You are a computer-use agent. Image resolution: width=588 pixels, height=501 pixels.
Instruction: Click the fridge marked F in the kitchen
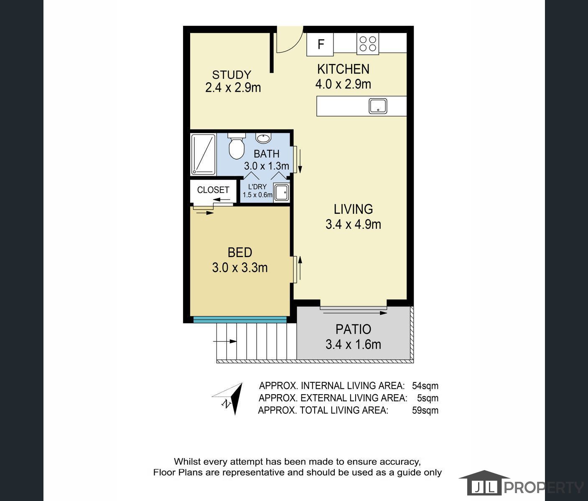tap(320, 44)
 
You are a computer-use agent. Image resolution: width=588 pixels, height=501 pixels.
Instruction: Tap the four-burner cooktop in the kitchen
tap(368, 44)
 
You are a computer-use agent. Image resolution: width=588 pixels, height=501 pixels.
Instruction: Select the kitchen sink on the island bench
tap(378, 106)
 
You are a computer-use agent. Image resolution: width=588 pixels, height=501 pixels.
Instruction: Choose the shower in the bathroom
tap(204, 154)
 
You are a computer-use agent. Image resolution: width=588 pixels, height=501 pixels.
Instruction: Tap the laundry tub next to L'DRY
tap(281, 193)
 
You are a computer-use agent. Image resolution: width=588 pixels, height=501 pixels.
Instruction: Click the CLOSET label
tap(213, 190)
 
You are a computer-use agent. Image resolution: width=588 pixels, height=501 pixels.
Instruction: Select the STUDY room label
tap(232, 75)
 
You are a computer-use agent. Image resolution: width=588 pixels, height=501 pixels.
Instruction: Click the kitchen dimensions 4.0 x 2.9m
tap(343, 84)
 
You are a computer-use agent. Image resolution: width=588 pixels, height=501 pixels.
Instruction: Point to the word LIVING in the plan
tap(353, 209)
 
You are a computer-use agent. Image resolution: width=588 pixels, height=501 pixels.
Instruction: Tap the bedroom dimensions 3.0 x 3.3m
tap(240, 268)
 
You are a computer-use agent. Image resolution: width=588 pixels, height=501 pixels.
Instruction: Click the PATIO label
tap(353, 329)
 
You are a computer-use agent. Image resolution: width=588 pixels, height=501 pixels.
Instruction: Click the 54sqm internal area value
tap(425, 386)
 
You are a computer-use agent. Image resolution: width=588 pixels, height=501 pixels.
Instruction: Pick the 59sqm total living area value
tap(425, 410)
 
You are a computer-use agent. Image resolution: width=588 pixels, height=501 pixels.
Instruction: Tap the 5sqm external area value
tap(428, 398)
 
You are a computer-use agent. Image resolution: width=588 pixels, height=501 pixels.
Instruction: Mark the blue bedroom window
tap(240, 320)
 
